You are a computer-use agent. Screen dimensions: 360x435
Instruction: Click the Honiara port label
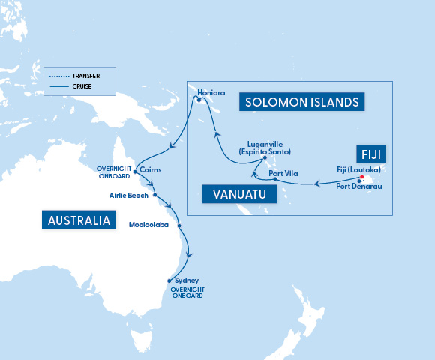211,94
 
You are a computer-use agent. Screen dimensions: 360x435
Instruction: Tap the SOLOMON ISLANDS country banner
301,101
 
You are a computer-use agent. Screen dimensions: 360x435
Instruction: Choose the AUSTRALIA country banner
79,220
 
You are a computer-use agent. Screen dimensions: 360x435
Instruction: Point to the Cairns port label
151,170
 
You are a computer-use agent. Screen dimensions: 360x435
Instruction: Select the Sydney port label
186,280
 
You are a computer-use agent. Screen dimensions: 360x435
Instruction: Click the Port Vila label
283,174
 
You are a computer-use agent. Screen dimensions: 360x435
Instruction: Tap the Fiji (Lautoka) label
358,169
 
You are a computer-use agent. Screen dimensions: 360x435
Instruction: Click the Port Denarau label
358,186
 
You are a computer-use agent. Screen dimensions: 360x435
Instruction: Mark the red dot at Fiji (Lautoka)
362,178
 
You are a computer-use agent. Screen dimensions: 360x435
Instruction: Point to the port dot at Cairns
135,171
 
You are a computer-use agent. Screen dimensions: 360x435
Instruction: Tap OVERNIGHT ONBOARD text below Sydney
187,292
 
